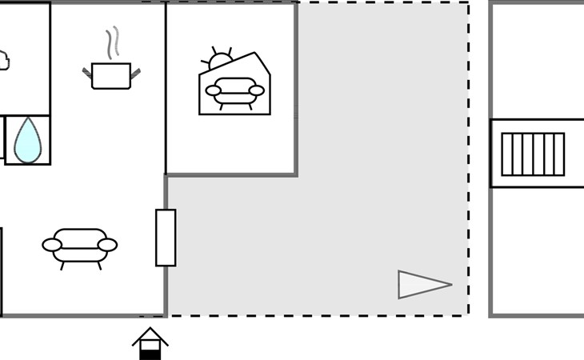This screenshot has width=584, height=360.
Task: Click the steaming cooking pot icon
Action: (111, 75)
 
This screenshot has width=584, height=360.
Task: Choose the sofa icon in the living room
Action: (79, 246)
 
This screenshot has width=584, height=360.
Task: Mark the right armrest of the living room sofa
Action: (107, 245)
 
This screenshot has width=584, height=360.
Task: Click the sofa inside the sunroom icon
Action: (234, 91)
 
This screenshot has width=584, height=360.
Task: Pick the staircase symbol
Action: (533, 154)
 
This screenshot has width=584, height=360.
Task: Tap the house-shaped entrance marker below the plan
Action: (150, 343)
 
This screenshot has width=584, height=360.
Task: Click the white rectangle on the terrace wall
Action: (166, 238)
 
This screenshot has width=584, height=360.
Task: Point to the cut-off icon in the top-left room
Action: (3, 60)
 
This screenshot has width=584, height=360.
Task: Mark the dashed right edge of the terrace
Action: (469, 160)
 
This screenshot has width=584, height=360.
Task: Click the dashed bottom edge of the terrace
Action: (320, 315)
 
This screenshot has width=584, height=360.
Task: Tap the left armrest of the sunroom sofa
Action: (213, 90)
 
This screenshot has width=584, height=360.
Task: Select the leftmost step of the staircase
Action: (506, 154)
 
